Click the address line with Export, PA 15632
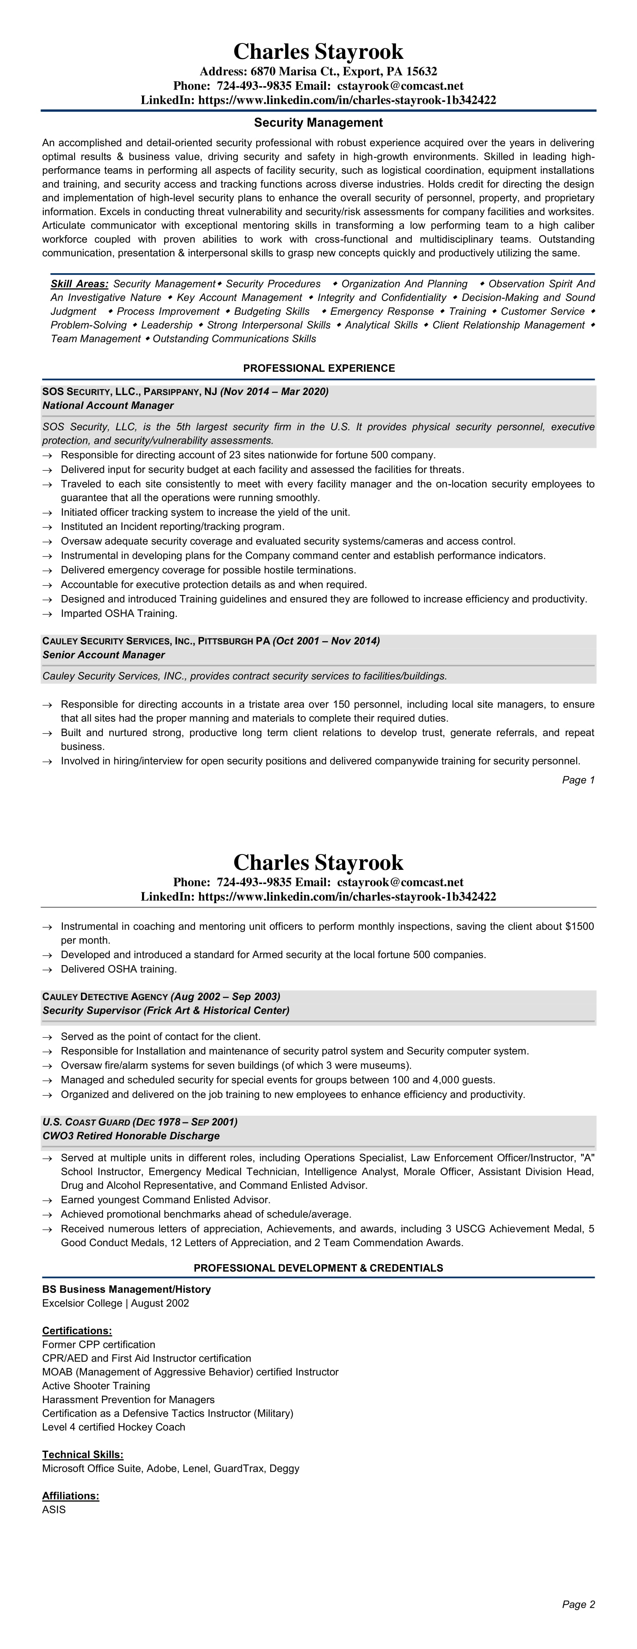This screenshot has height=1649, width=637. tap(318, 72)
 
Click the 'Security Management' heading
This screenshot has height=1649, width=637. tap(318, 122)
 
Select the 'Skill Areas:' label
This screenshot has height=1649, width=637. tap(79, 284)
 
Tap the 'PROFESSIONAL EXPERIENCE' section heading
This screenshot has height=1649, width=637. tap(318, 368)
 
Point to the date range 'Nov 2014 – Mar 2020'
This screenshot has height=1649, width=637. tap(274, 391)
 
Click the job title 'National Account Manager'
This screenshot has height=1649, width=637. tap(108, 405)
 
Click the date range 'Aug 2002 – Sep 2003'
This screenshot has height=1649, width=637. tap(225, 996)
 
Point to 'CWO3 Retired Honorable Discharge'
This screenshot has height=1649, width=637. tap(131, 1136)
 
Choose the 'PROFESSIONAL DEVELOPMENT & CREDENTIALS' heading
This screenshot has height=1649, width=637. tap(318, 1268)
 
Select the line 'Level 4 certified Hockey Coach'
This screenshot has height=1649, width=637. tap(113, 1427)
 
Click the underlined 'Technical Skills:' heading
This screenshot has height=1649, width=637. tap(82, 1455)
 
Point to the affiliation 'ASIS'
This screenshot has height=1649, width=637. tap(54, 1510)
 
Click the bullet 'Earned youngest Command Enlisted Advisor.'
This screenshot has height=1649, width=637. tap(165, 1200)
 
